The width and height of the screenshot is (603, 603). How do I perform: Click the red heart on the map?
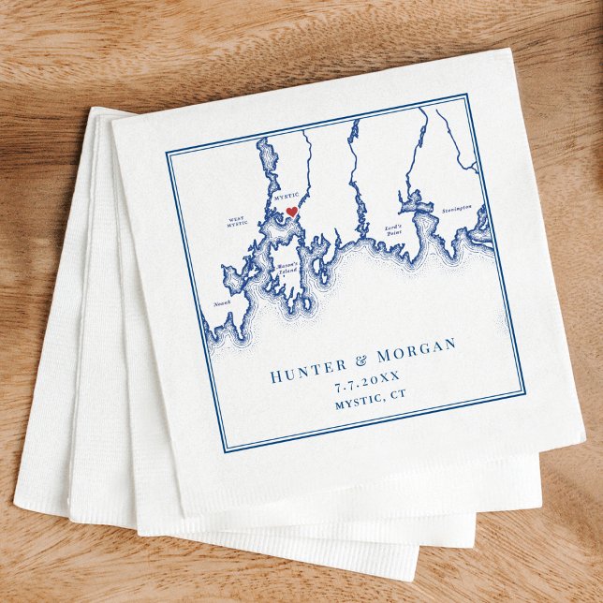[x=291, y=213]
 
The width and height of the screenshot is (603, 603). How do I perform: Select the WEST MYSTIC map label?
[x=237, y=223]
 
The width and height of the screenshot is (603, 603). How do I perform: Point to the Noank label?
[x=223, y=303]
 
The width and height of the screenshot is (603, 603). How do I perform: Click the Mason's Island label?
[x=287, y=272]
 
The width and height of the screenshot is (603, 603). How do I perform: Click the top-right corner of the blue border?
[x=467, y=94]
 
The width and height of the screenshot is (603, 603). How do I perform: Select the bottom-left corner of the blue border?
[x=226, y=452]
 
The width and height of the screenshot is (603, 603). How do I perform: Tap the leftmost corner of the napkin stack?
[x=15, y=507]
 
